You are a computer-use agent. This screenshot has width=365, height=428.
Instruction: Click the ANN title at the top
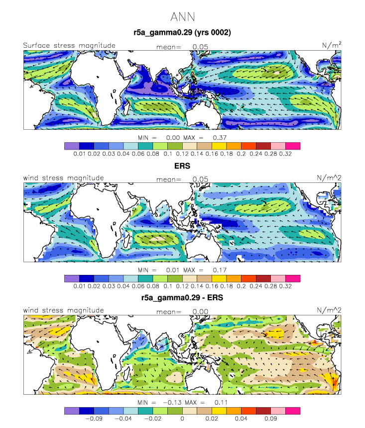click(x=183, y=17)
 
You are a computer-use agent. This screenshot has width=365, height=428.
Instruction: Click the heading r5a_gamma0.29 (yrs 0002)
click(x=182, y=33)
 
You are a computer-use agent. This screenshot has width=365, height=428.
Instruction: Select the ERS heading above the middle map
click(x=182, y=166)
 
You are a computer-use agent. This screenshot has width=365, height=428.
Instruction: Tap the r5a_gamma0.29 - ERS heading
click(x=182, y=298)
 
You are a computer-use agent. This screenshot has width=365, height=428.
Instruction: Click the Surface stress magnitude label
click(x=69, y=46)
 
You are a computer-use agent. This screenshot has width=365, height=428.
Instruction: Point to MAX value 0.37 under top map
click(x=220, y=138)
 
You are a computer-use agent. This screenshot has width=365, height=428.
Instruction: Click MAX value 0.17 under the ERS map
click(x=220, y=270)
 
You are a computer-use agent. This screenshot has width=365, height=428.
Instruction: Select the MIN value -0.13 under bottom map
click(x=172, y=403)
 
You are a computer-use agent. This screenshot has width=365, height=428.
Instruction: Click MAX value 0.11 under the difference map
click(x=221, y=403)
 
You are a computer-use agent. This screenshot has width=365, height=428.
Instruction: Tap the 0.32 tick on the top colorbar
click(x=285, y=154)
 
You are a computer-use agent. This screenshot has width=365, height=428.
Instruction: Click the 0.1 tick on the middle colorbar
click(x=168, y=286)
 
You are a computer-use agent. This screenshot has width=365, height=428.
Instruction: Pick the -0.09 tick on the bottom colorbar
click(x=94, y=419)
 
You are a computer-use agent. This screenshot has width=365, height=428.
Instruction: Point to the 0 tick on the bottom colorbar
click(x=182, y=419)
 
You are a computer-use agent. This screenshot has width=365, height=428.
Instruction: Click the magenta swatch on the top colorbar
click(x=293, y=146)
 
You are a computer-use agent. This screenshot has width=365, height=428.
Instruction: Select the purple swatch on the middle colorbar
click(x=72, y=278)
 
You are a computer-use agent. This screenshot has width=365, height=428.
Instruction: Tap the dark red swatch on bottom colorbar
click(x=263, y=411)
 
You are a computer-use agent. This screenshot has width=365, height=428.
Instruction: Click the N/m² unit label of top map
click(x=332, y=45)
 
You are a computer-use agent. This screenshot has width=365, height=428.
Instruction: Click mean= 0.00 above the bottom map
click(x=182, y=312)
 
